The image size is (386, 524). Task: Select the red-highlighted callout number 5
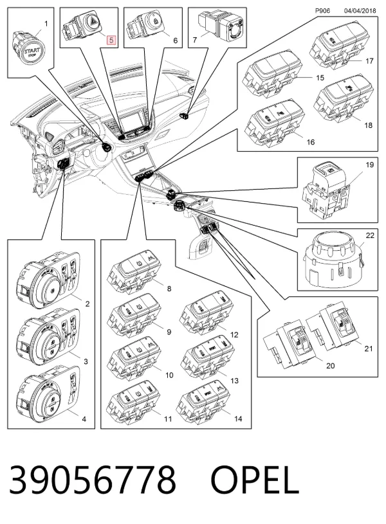111,41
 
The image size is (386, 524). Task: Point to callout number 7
195,41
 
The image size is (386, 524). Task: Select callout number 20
330,366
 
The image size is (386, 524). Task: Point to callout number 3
86,361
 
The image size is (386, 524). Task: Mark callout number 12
234,334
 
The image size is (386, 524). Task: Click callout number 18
368,125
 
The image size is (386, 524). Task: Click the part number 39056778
93,480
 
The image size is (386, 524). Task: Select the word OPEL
255,480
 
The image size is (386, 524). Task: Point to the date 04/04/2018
360,11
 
